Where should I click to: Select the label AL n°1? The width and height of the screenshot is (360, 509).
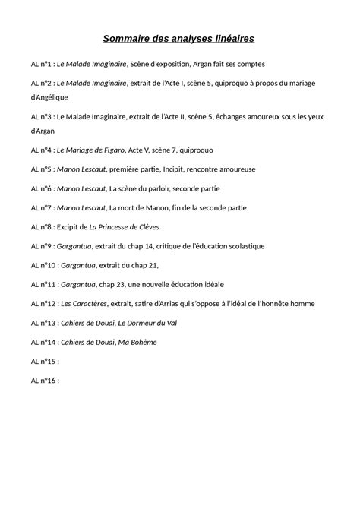coord(43,65)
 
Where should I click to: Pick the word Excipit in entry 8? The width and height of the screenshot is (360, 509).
coord(69,226)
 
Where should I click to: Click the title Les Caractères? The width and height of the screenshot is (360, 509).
coord(88,304)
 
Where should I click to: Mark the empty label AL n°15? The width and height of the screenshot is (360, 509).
coord(45,362)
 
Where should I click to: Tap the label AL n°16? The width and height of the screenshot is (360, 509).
coord(45,381)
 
